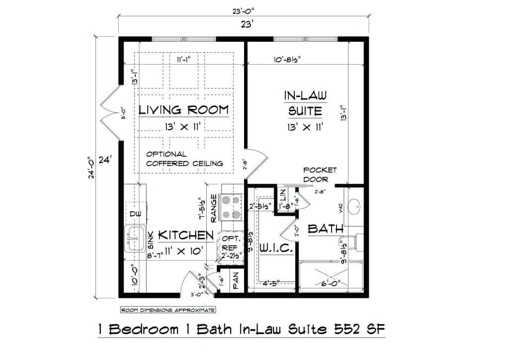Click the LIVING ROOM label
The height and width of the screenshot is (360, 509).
(x=183, y=110)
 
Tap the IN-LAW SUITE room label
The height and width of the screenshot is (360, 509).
(x=305, y=103)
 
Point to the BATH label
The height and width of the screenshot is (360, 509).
(x=326, y=229)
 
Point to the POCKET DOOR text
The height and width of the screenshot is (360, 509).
(x=319, y=174)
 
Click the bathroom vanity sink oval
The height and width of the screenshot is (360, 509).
(x=354, y=206)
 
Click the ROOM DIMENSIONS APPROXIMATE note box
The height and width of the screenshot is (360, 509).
(x=168, y=310)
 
